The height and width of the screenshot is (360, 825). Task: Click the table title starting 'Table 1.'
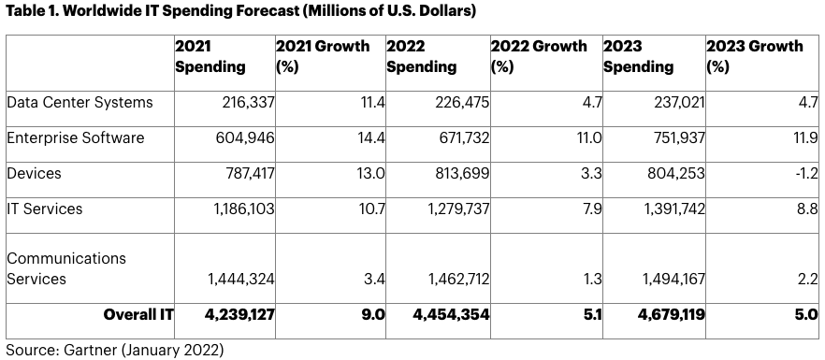pyautogui.click(x=240, y=11)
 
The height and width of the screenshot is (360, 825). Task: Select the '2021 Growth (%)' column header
pyautogui.click(x=323, y=56)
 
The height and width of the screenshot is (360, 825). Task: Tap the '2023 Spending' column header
pyautogui.click(x=638, y=56)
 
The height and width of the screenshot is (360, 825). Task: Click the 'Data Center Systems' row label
pyautogui.click(x=80, y=102)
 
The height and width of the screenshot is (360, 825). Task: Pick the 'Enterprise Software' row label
pyautogui.click(x=75, y=137)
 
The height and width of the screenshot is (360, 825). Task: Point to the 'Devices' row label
pyautogui.click(x=34, y=173)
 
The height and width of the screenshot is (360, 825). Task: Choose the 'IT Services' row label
pyautogui.click(x=45, y=209)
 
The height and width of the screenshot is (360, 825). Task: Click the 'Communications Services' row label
pyautogui.click(x=66, y=268)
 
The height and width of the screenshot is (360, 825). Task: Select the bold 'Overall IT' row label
pyautogui.click(x=138, y=315)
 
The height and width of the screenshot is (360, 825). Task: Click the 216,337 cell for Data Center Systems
pyautogui.click(x=245, y=102)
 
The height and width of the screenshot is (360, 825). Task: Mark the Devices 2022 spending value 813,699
pyautogui.click(x=459, y=173)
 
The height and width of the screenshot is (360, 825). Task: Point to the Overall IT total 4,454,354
pyautogui.click(x=452, y=315)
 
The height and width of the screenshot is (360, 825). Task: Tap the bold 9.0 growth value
pyautogui.click(x=372, y=315)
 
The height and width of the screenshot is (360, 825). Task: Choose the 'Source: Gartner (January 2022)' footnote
pyautogui.click(x=115, y=350)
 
